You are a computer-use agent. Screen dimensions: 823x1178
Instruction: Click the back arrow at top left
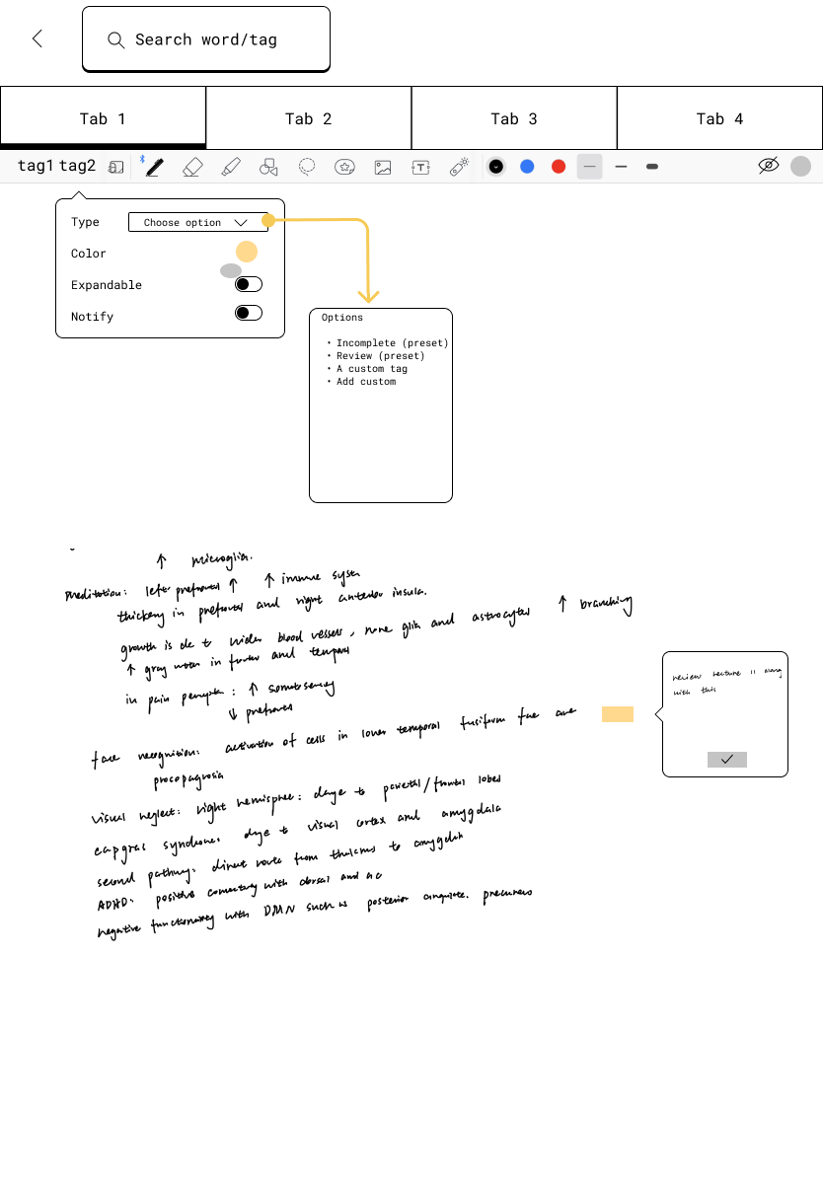click(x=37, y=38)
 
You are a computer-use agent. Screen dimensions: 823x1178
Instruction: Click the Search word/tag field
click(x=206, y=39)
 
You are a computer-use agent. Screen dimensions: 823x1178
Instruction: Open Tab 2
click(x=308, y=118)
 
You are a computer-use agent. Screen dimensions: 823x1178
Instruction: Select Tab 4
click(x=719, y=118)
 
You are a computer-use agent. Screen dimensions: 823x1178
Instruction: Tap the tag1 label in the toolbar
click(x=36, y=166)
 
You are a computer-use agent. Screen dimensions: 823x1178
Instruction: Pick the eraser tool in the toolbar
click(x=192, y=167)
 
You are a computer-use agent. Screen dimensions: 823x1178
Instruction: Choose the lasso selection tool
click(x=307, y=167)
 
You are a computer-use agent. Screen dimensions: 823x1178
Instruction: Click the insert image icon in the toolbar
click(x=383, y=167)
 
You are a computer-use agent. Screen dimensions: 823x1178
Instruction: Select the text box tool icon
click(x=420, y=167)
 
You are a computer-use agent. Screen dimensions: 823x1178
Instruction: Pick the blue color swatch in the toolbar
click(x=527, y=167)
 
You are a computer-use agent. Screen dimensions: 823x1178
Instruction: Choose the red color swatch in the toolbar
click(x=559, y=167)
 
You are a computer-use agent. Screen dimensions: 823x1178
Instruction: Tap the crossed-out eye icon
click(x=769, y=166)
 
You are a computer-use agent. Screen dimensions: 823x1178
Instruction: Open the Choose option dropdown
click(x=197, y=223)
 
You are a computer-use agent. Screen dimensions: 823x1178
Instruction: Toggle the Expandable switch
click(x=249, y=285)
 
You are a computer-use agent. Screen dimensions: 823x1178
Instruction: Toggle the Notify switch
click(x=249, y=313)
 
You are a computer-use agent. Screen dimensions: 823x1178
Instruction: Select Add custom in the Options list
click(x=365, y=382)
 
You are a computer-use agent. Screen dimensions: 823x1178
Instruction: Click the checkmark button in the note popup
click(x=727, y=760)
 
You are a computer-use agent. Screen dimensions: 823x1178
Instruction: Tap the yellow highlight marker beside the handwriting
click(x=618, y=714)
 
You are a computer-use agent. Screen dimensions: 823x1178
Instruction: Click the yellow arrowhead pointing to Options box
click(x=368, y=296)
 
